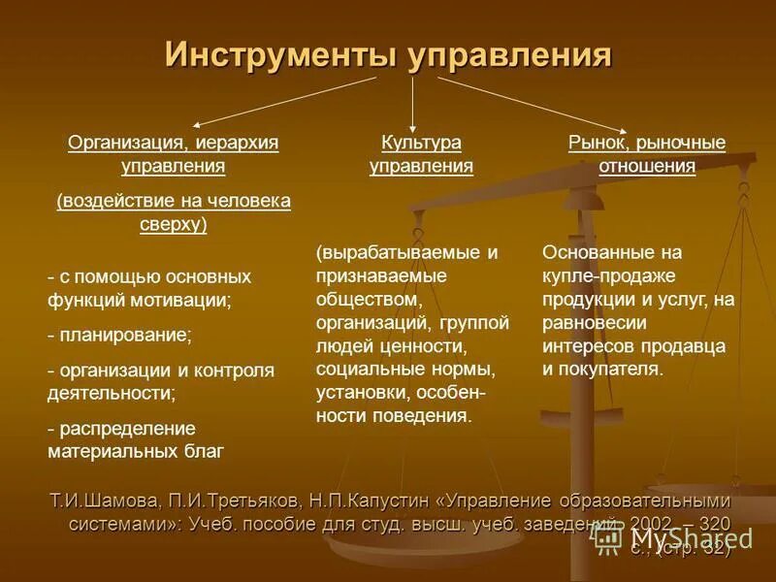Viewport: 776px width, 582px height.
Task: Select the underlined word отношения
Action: (x=647, y=166)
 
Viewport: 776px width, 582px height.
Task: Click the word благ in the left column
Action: (x=205, y=451)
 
